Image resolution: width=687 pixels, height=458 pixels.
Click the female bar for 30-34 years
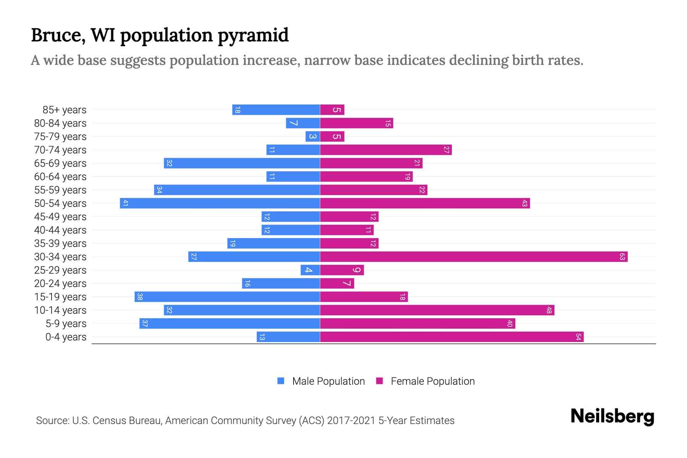pyautogui.click(x=473, y=257)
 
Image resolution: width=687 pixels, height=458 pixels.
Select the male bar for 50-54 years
pyautogui.click(x=220, y=203)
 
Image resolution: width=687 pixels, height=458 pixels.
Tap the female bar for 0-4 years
pyautogui.click(x=452, y=337)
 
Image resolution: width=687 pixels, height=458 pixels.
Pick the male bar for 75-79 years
pyautogui.click(x=313, y=137)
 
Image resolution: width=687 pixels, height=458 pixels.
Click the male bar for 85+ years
pyautogui.click(x=276, y=110)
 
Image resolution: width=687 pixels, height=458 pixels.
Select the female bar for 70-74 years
pyautogui.click(x=385, y=150)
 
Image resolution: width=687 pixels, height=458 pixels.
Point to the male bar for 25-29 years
pyautogui.click(x=310, y=270)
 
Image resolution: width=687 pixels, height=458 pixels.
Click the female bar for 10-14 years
pyautogui.click(x=437, y=310)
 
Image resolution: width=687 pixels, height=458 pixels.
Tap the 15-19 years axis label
pyautogui.click(x=60, y=297)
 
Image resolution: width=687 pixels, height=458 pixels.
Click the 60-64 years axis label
pyautogui.click(x=60, y=177)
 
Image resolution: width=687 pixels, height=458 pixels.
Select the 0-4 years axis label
pyautogui.click(x=66, y=337)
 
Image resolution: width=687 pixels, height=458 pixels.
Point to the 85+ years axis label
pyautogui.click(x=65, y=110)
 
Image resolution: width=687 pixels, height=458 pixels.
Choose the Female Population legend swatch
pyautogui.click(x=379, y=381)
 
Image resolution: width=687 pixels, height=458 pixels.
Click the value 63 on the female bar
pyautogui.click(x=622, y=257)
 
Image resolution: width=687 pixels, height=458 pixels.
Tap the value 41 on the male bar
pyautogui.click(x=125, y=203)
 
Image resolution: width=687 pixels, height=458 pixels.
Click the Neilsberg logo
pyautogui.click(x=612, y=416)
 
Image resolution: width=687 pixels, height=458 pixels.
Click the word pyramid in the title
pyautogui.click(x=253, y=35)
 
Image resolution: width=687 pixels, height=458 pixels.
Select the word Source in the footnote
pyautogui.click(x=52, y=421)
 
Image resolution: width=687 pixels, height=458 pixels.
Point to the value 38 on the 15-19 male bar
pyautogui.click(x=140, y=297)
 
